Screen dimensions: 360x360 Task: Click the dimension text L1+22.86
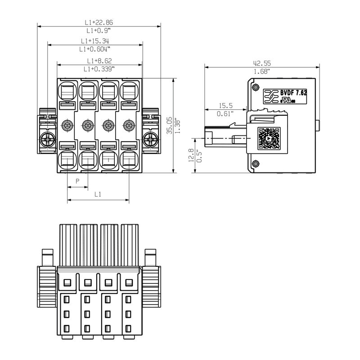(99, 22)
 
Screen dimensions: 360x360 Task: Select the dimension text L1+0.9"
(99, 31)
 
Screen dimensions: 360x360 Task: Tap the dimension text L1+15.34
(94, 41)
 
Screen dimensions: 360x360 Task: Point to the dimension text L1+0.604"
(94, 49)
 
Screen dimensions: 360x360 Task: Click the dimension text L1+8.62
(99, 61)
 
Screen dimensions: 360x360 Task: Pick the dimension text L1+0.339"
(99, 69)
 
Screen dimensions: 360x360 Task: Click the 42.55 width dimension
(261, 63)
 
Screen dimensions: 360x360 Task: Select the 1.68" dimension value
(261, 72)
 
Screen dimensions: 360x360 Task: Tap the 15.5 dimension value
(225, 106)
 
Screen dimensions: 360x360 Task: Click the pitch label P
(77, 181)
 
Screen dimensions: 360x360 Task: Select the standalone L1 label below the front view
(98, 194)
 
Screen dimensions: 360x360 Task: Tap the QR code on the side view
(269, 138)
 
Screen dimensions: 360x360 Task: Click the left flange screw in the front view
(47, 139)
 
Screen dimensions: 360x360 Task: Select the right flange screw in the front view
(149, 139)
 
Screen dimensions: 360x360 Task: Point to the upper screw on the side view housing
(256, 86)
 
